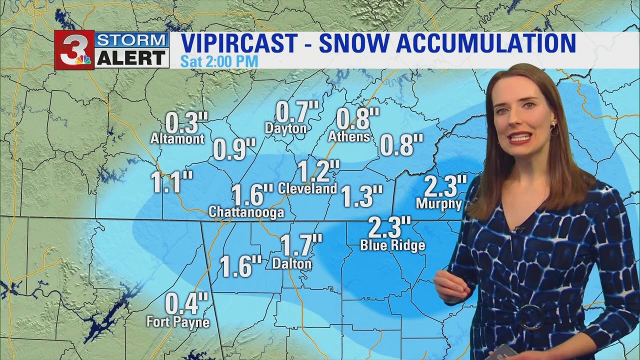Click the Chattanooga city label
(x=246, y=212)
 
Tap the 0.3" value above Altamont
(x=186, y=122)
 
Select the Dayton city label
(x=285, y=128)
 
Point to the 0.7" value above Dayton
(x=297, y=111)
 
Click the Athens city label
(x=349, y=136)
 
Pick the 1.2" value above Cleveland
(x=319, y=171)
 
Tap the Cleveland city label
(x=307, y=188)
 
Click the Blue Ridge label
(x=392, y=245)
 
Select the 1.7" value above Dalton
(x=300, y=245)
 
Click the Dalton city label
(x=292, y=263)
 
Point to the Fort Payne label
(x=178, y=321)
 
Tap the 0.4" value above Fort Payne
(x=186, y=303)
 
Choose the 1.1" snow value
(x=172, y=182)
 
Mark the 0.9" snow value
(x=234, y=149)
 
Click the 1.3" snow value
(x=362, y=196)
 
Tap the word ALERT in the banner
(x=131, y=58)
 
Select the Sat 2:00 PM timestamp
(x=219, y=62)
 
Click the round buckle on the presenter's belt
(x=529, y=316)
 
